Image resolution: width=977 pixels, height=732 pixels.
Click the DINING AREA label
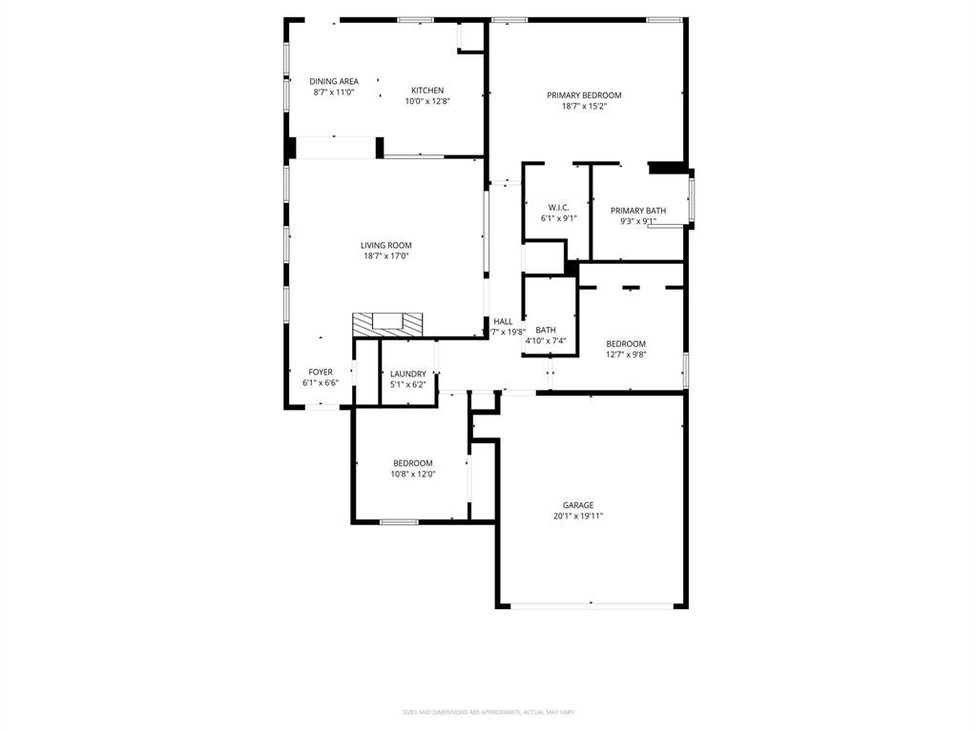pyautogui.click(x=333, y=81)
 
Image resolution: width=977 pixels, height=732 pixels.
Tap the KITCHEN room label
pyautogui.click(x=427, y=91)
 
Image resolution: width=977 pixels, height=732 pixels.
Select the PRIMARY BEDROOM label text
pyautogui.click(x=584, y=95)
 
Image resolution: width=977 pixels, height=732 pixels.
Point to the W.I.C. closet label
pyautogui.click(x=558, y=207)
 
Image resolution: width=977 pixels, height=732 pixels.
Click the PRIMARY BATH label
pyautogui.click(x=638, y=211)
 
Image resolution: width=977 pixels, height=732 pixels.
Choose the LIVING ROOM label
pyautogui.click(x=385, y=245)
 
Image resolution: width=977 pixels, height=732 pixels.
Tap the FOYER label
pyautogui.click(x=321, y=372)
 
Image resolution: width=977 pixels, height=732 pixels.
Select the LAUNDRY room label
pyautogui.click(x=407, y=374)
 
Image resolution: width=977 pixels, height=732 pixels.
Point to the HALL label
pyautogui.click(x=503, y=321)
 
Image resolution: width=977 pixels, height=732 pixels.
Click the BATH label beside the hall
pyautogui.click(x=546, y=330)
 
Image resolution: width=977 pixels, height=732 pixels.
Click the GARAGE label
pyautogui.click(x=578, y=505)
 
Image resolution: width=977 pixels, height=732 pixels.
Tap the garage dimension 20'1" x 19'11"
pyautogui.click(x=578, y=516)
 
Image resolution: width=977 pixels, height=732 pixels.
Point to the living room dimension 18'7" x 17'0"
pyautogui.click(x=385, y=255)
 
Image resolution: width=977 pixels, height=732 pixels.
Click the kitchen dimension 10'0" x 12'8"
pyautogui.click(x=427, y=101)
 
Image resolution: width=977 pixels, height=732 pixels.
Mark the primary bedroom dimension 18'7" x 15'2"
pyautogui.click(x=584, y=106)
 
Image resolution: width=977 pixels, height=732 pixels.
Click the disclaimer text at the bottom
pyautogui.click(x=488, y=712)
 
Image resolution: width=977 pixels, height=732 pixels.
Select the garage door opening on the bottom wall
pyautogui.click(x=592, y=604)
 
